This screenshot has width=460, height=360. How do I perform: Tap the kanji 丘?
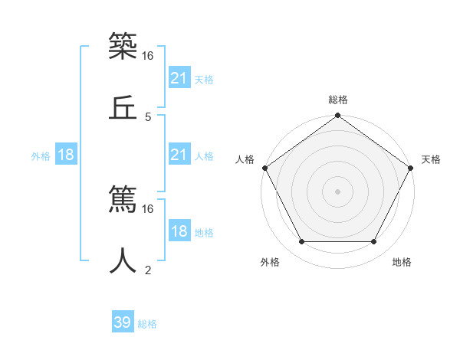[x=123, y=108]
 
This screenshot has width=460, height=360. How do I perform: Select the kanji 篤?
[x=123, y=201]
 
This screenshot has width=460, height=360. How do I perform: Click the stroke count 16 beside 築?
[x=149, y=56]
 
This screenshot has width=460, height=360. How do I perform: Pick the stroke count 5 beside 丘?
[x=148, y=117]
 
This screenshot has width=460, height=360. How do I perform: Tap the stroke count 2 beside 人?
[x=148, y=270]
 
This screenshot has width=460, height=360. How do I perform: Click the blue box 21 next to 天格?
[x=179, y=78]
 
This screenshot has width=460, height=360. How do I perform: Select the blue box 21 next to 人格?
[x=179, y=155]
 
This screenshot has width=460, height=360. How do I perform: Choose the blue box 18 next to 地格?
[x=179, y=231]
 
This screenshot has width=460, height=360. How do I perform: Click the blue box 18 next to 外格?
[x=66, y=155]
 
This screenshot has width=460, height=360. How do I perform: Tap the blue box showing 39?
[x=123, y=322]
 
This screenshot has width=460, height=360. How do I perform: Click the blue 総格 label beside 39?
[x=147, y=324]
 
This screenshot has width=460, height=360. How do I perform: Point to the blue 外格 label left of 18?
[x=41, y=155]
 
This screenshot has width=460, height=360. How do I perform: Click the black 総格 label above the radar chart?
[x=338, y=100]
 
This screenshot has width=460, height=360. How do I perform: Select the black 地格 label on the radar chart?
[x=402, y=262]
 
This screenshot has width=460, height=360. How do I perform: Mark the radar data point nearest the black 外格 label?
[x=301, y=242]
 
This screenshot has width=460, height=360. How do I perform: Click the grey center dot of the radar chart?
[x=338, y=191]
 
